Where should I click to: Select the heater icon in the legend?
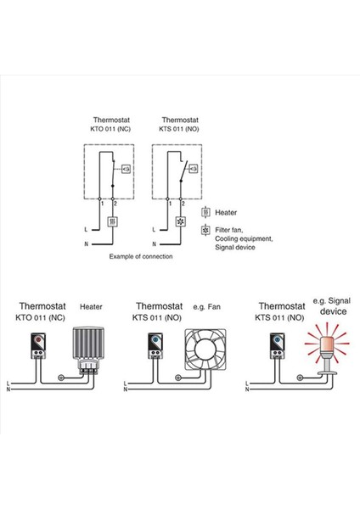click(x=205, y=212)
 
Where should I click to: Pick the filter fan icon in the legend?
click(x=205, y=230)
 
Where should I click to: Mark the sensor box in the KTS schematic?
click(x=194, y=170)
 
